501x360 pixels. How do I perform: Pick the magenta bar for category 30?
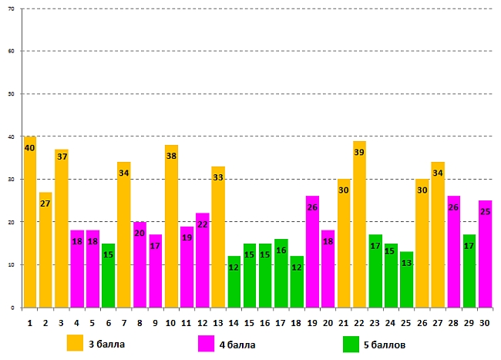coord(485,254)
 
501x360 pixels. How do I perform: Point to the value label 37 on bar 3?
coord(62,156)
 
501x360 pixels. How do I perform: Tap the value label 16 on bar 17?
coord(281,251)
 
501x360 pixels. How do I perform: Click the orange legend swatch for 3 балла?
coord(75,343)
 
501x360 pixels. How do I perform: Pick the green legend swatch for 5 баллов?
coord(351,343)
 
